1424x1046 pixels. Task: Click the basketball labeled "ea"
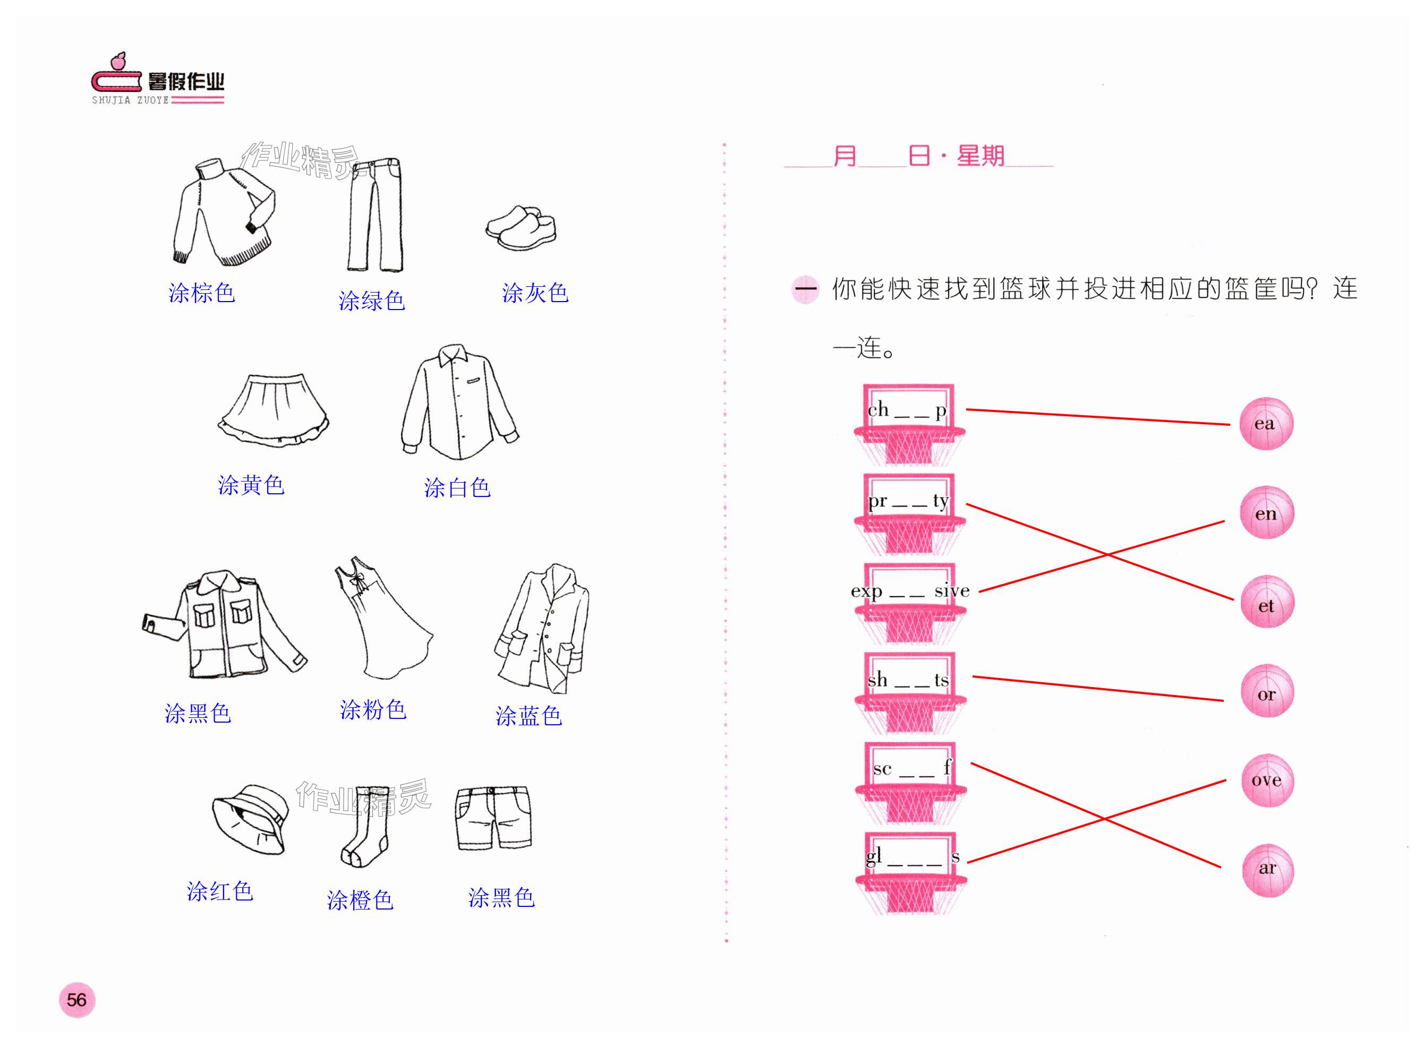coord(1266,424)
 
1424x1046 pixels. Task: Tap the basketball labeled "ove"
coord(1267,781)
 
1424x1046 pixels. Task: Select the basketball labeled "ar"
coord(1267,869)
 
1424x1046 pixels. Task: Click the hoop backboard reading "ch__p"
coord(908,408)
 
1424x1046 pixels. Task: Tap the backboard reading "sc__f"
coord(910,767)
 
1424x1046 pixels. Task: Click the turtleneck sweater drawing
coord(223,213)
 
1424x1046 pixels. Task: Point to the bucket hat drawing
coord(250,818)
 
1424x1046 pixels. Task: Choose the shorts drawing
coord(493,818)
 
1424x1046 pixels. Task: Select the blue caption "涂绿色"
coord(372,301)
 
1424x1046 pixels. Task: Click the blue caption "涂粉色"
coord(373,710)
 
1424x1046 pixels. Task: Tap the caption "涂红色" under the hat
coord(220,891)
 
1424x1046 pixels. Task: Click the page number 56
coord(76,1000)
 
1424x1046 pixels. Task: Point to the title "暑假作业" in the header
coord(185,82)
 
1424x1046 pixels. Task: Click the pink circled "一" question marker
coord(806,290)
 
